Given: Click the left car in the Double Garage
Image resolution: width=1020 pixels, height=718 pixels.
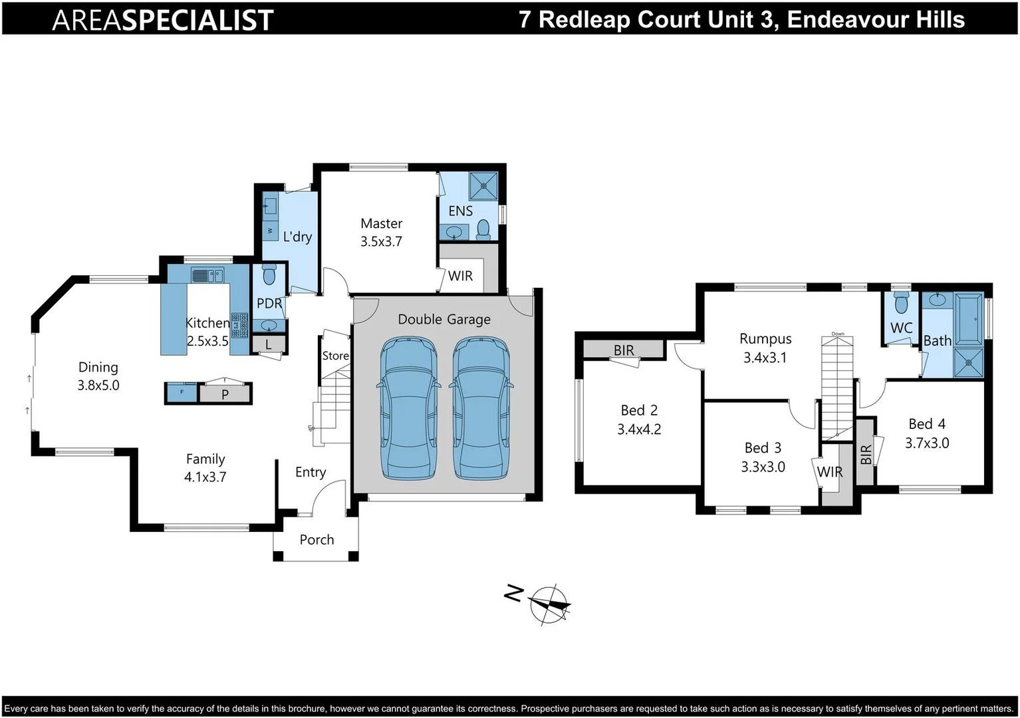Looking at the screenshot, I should (x=408, y=408).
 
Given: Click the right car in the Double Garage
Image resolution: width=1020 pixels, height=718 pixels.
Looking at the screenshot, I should (x=481, y=408).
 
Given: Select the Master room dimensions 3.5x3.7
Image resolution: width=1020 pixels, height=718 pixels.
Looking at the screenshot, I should (x=381, y=242).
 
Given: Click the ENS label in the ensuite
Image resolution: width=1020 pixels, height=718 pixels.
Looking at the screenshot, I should (x=460, y=211).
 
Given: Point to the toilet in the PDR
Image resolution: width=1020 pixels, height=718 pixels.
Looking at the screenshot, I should (x=269, y=275).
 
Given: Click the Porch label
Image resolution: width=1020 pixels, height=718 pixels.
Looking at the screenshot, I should (x=317, y=540).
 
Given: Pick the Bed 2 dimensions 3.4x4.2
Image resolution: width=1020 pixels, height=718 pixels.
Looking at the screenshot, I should (x=639, y=429).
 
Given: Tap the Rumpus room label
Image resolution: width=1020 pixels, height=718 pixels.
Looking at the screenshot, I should (x=765, y=339).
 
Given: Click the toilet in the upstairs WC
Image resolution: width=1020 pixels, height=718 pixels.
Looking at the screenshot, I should (x=901, y=303).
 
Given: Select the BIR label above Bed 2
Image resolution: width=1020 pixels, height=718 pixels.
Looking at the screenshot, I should (x=624, y=350).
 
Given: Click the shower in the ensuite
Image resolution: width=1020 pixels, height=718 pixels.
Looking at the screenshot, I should (x=483, y=185).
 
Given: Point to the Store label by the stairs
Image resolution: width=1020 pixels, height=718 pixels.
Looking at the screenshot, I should (x=336, y=356).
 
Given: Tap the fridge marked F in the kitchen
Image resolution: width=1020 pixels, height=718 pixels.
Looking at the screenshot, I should (x=182, y=393).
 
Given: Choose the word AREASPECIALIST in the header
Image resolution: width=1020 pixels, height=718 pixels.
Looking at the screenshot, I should (x=163, y=20).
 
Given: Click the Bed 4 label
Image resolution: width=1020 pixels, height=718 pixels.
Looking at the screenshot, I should (x=927, y=424).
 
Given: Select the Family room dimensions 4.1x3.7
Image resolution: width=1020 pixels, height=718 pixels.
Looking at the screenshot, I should (x=205, y=477).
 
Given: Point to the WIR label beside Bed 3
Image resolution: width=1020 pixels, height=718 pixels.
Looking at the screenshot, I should (x=829, y=472).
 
